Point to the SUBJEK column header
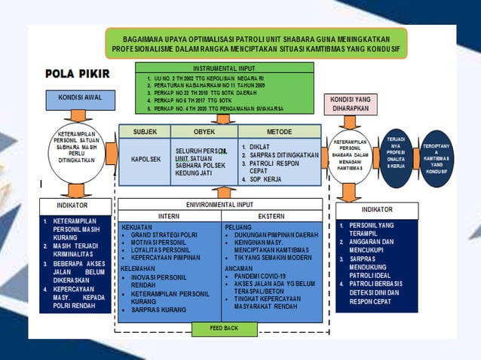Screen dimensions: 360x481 pos(146,132)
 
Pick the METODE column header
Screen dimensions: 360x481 pos(279,132)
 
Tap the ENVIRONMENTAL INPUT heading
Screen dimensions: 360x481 pos(220,204)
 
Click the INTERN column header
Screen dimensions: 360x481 pos(170,215)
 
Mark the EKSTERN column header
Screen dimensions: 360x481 pos(271,215)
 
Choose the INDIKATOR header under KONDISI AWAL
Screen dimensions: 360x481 pos(72,204)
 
